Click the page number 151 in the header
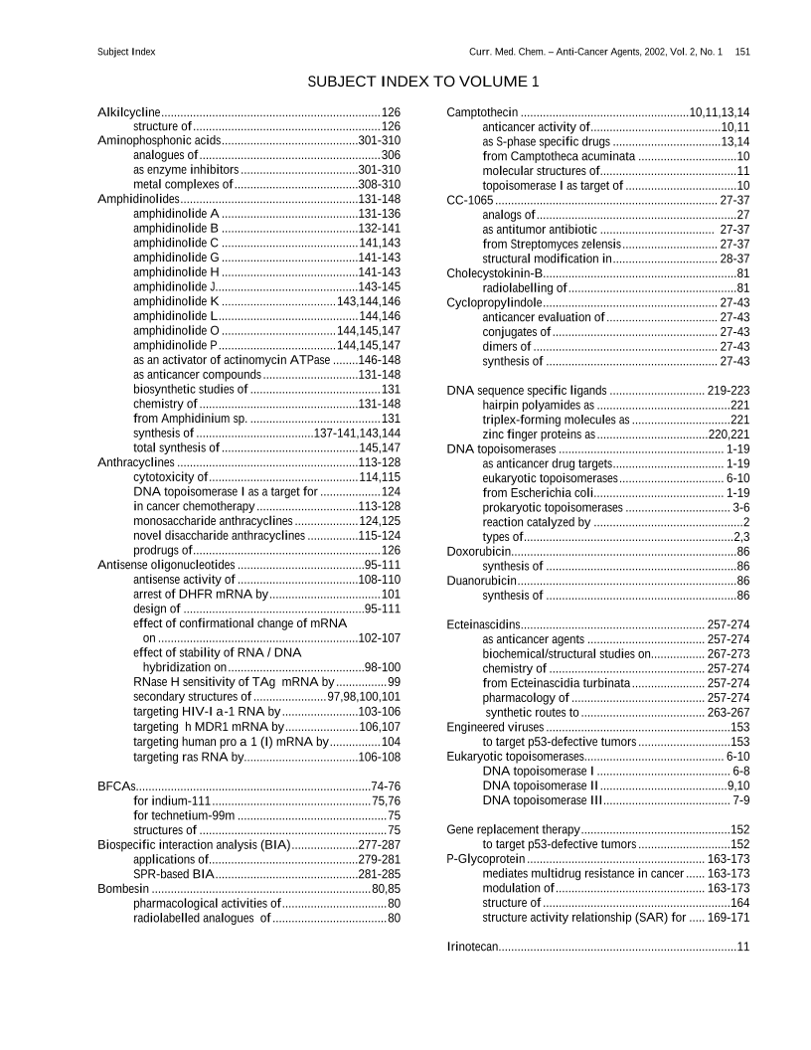pos(742,51)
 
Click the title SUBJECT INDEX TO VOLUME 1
pos(422,81)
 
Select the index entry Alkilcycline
pos(129,112)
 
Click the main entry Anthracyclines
pos(136,463)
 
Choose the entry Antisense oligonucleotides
pos(166,565)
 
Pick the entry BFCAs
pos(117,787)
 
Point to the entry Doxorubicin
pos(479,551)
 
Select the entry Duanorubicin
pos(481,581)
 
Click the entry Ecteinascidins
pos(485,624)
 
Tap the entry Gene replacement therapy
pos(513,829)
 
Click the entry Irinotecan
pos(473,947)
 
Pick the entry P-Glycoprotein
pos(486,858)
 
